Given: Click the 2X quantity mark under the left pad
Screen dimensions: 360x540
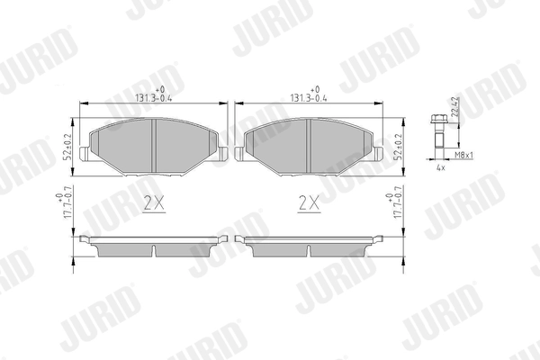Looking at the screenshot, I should (155, 204).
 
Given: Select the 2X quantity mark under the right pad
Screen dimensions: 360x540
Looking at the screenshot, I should (308, 204).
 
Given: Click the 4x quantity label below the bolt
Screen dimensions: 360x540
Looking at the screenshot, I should (441, 168).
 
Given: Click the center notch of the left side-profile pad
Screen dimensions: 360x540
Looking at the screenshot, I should (155, 249).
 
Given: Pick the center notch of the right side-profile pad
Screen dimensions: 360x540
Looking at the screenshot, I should (308, 249).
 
